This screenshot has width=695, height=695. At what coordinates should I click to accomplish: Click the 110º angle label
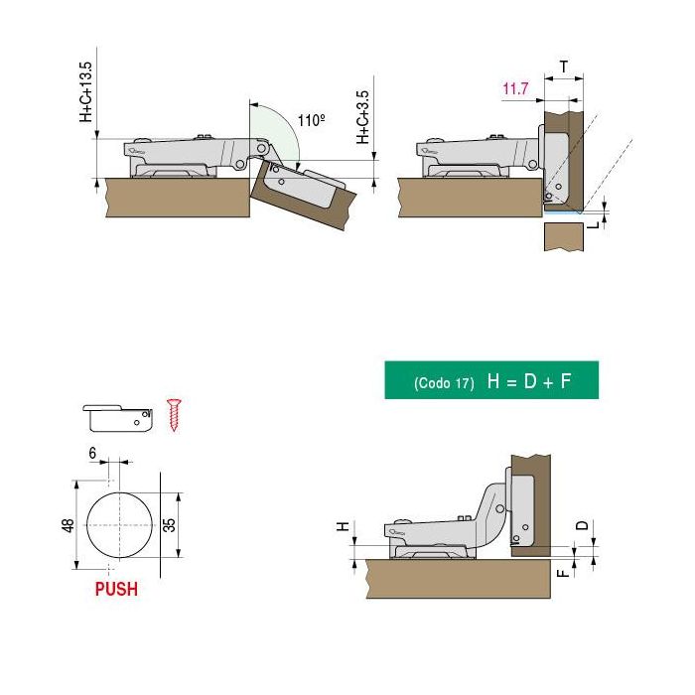click(312, 120)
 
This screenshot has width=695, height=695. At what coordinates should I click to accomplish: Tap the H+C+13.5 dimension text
click(86, 91)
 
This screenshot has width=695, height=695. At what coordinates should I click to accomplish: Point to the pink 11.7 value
click(515, 90)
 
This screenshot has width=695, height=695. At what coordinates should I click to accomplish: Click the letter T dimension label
click(563, 67)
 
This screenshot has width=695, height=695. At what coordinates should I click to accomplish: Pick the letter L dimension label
click(593, 224)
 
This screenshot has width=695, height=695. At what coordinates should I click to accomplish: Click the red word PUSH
click(116, 589)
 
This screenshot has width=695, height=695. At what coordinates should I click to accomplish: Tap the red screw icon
click(177, 414)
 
